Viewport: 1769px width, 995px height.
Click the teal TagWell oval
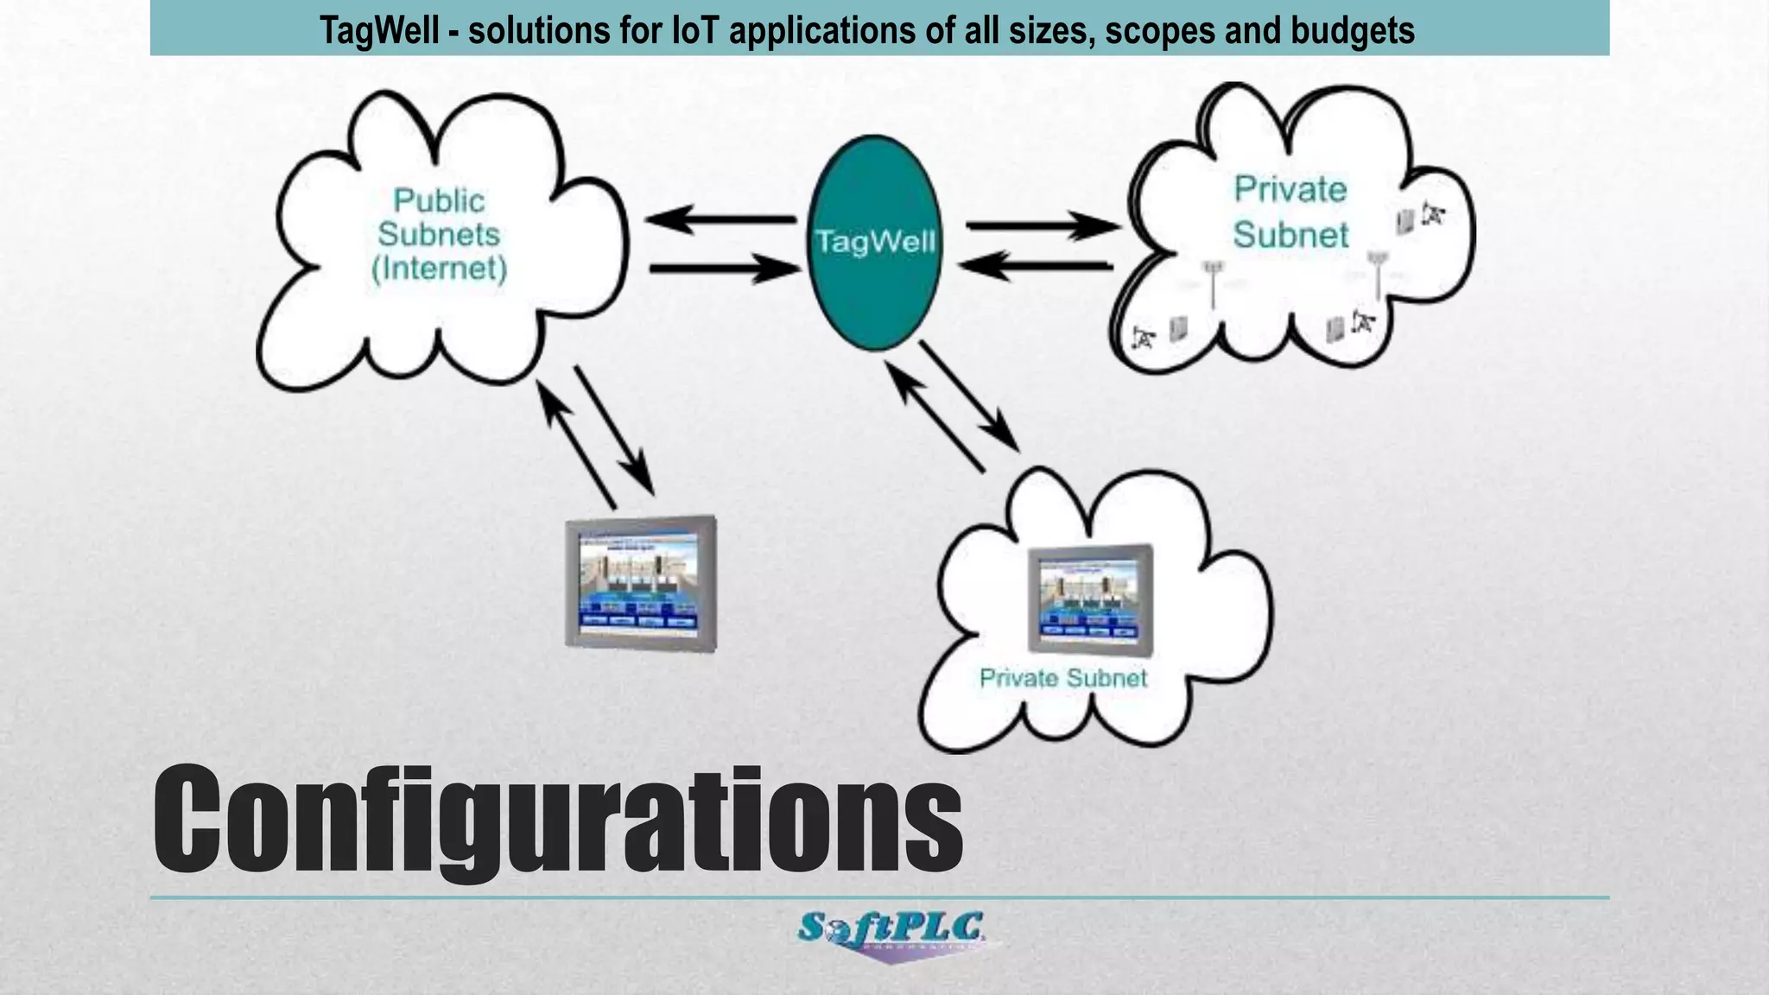pyautogui.click(x=873, y=242)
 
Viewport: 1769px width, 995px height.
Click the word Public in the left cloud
pyautogui.click(x=439, y=200)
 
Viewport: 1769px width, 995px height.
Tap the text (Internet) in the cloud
pyautogui.click(x=439, y=268)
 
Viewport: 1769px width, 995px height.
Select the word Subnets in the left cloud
pyautogui.click(x=439, y=234)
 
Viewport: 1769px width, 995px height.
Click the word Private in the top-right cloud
pyautogui.click(x=1290, y=189)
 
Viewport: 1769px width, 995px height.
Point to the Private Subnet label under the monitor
pyautogui.click(x=1062, y=678)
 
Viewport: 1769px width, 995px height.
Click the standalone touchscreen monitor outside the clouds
pyautogui.click(x=641, y=583)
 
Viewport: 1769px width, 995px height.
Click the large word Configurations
pyautogui.click(x=557, y=821)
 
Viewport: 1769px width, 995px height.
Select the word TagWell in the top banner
pyautogui.click(x=379, y=30)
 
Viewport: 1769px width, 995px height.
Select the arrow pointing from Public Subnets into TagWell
pyautogui.click(x=724, y=269)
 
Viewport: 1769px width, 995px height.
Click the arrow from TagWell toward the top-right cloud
pyautogui.click(x=1041, y=227)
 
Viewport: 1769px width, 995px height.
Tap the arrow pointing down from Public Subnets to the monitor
pyautogui.click(x=614, y=429)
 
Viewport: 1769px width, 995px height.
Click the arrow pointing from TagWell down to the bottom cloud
pyautogui.click(x=969, y=396)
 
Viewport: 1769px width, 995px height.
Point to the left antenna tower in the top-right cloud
pyautogui.click(x=1214, y=281)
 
